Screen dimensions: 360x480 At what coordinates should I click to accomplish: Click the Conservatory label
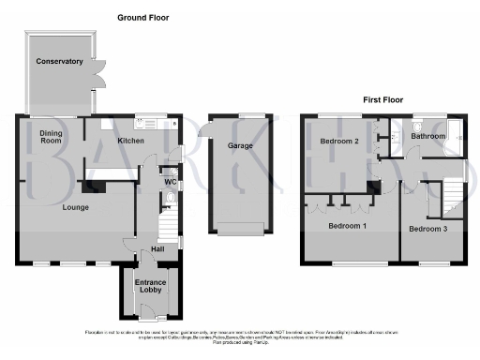coord(60,62)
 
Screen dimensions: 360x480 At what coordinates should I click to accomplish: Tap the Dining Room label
coord(50,139)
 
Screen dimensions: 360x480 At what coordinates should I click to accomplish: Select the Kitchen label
coord(129,140)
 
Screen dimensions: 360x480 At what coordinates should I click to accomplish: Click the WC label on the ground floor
coord(170,181)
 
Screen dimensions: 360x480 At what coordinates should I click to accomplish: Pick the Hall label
coord(158,248)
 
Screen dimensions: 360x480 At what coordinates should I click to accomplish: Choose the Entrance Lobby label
coord(150,285)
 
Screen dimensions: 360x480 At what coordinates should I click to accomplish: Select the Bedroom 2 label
coord(339,142)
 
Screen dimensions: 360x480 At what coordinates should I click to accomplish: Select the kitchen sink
coord(145,122)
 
